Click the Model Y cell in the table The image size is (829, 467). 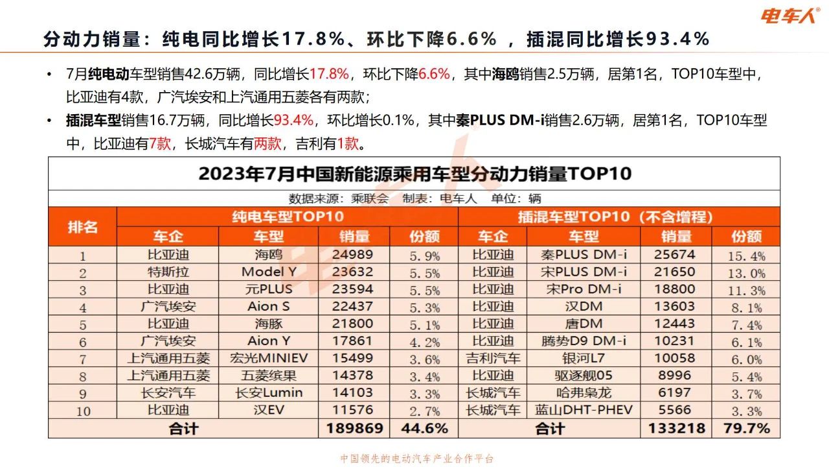coord(268,272)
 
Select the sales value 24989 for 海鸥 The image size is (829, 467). coord(352,255)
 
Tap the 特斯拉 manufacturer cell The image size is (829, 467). coord(168,272)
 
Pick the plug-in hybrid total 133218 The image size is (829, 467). coord(676,428)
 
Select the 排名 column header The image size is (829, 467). coord(82,226)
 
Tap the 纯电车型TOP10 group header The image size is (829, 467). coord(288,217)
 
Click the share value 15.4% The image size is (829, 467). coord(746,256)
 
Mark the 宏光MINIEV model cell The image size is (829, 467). coord(268,358)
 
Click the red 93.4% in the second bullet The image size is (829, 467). coord(294,120)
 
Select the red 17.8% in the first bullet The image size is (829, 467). coord(330,73)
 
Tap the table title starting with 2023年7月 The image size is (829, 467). coord(414,174)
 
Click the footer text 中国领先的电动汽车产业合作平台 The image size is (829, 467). coord(417,459)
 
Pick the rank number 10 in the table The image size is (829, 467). coord(82,411)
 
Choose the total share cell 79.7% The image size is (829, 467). coord(746,428)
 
